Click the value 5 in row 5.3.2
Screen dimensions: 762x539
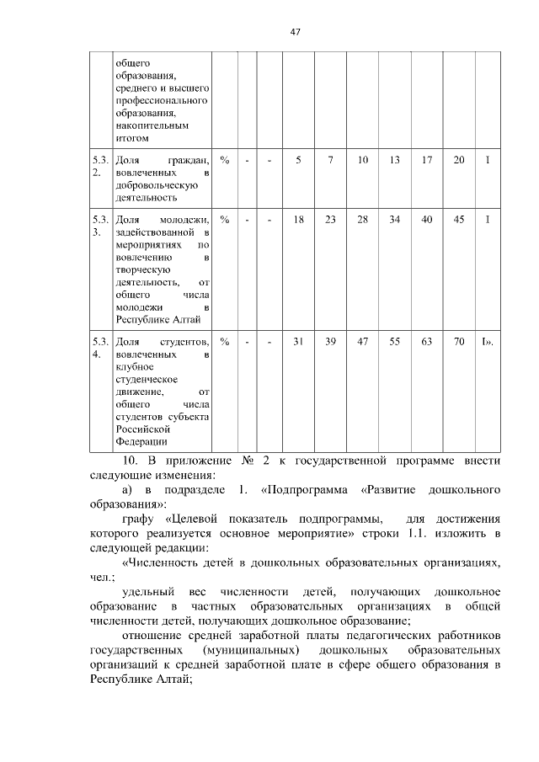tap(298, 160)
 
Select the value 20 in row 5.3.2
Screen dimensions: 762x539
tap(458, 160)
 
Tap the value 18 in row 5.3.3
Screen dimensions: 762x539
tap(298, 220)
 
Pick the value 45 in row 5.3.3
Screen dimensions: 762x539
tap(458, 220)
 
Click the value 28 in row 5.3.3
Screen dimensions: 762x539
tap(362, 220)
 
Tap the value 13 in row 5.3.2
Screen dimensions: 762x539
tap(394, 160)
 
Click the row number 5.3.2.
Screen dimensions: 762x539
tap(99, 166)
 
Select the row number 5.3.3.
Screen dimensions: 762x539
tap(99, 226)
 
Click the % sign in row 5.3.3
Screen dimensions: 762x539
tap(224, 220)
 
